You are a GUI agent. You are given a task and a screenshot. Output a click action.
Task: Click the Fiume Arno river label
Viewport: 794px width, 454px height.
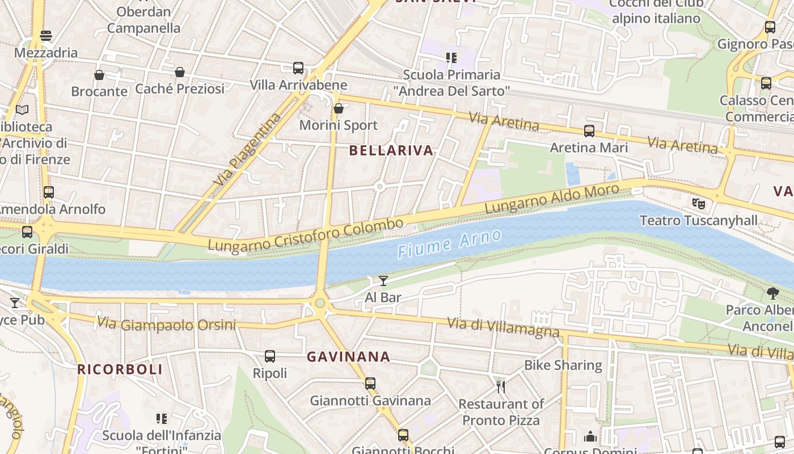click(x=450, y=243)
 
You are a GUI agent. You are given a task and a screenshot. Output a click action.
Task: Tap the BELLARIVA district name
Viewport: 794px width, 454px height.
click(x=391, y=150)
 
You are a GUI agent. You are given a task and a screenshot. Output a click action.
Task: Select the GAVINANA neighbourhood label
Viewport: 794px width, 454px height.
click(x=348, y=357)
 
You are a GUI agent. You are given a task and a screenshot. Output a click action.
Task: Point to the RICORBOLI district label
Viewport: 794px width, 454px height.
click(x=120, y=369)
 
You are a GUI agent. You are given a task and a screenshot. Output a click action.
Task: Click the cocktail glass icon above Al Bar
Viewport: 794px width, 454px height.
click(x=383, y=280)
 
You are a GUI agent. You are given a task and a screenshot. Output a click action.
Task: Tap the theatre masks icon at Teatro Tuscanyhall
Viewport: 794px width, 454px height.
click(x=698, y=203)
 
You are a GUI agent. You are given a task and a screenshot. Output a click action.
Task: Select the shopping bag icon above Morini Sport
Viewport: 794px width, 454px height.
click(x=339, y=108)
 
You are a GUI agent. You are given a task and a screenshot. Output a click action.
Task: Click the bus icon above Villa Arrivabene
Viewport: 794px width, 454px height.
click(x=298, y=68)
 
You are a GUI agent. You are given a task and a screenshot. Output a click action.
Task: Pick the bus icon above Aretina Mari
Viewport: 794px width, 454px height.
click(x=589, y=131)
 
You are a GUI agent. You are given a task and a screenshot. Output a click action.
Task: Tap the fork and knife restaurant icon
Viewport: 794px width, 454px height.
click(x=501, y=387)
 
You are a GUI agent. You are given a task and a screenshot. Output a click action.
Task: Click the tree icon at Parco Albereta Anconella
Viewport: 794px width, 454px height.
click(x=772, y=293)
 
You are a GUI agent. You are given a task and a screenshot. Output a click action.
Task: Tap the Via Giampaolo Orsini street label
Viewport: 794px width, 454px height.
click(x=166, y=325)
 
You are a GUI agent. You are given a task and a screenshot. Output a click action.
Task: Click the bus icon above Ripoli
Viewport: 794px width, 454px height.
click(x=270, y=356)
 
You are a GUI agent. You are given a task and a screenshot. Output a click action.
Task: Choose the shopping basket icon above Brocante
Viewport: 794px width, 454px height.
click(x=99, y=75)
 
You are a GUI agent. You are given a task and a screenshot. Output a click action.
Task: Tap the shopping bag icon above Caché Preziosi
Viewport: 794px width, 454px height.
click(x=180, y=72)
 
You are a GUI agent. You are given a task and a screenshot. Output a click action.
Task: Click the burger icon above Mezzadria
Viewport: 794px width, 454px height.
click(x=46, y=36)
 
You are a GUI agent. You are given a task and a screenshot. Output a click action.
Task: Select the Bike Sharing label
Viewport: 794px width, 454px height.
click(x=563, y=365)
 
